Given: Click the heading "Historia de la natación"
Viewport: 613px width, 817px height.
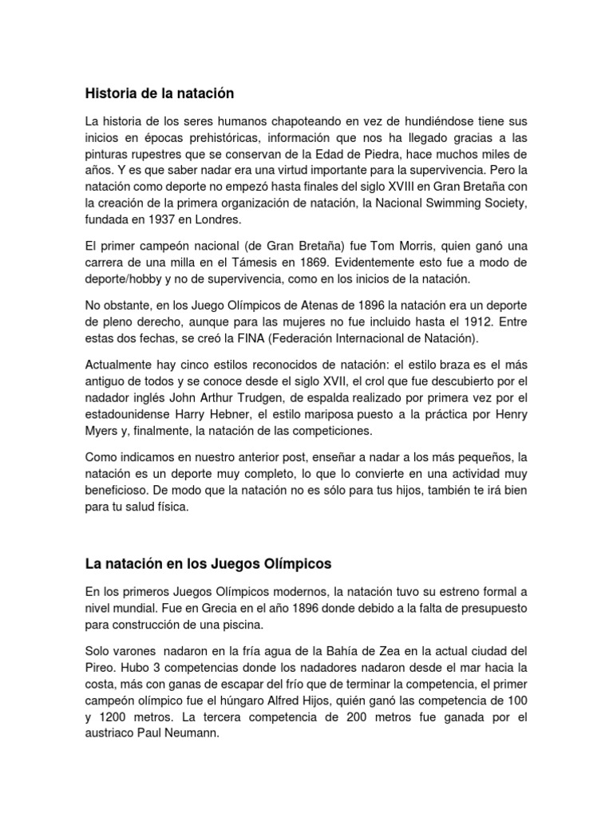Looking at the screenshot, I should click(x=160, y=93).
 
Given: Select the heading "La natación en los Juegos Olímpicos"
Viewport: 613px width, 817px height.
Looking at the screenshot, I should click(x=208, y=564).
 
